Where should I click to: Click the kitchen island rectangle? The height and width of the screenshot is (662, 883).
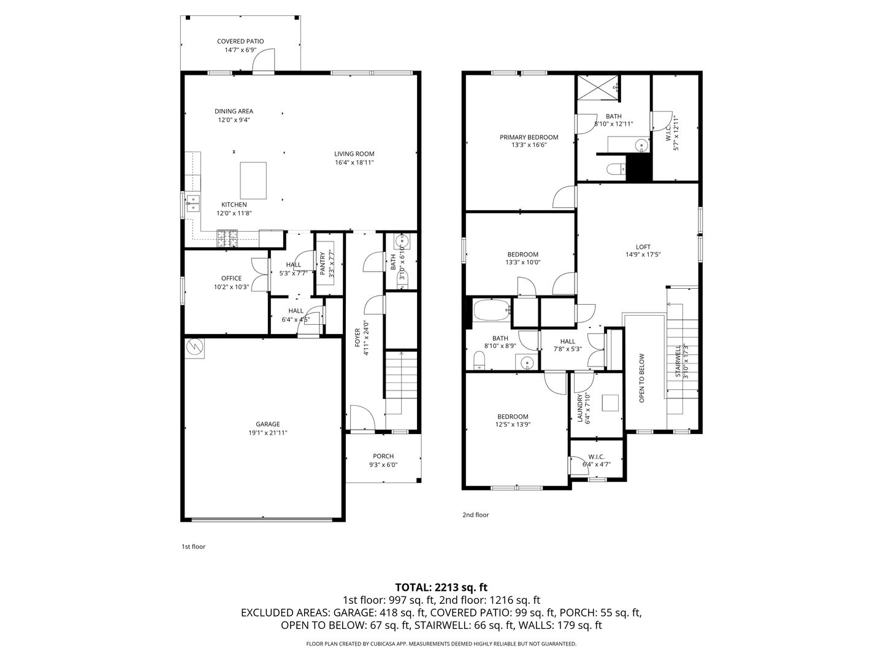tap(253, 180)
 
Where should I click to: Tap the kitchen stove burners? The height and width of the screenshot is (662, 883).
tap(227, 238)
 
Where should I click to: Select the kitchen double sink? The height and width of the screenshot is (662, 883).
tap(193, 203)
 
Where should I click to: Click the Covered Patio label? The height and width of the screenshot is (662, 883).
tap(240, 42)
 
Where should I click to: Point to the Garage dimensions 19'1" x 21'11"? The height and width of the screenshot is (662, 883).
tap(267, 433)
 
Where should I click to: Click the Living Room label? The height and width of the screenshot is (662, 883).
tap(354, 154)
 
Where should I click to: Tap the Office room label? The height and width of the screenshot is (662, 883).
tap(231, 278)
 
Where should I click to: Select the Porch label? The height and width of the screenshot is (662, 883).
tap(383, 456)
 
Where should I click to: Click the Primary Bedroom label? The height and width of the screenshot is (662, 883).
tap(529, 137)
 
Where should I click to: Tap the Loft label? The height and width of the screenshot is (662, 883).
tap(643, 247)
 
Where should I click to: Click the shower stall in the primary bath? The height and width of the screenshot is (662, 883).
tap(598, 87)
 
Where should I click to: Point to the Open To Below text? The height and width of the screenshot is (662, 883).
tap(641, 378)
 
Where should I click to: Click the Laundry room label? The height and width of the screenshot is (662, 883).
tap(580, 408)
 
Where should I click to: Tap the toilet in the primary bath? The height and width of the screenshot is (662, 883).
tap(616, 169)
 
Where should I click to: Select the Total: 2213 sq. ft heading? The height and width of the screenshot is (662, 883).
tap(442, 587)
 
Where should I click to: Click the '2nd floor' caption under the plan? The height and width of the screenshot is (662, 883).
tap(475, 515)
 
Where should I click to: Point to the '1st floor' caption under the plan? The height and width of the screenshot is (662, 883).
tap(194, 547)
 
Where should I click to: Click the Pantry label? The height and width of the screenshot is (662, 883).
tap(322, 264)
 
